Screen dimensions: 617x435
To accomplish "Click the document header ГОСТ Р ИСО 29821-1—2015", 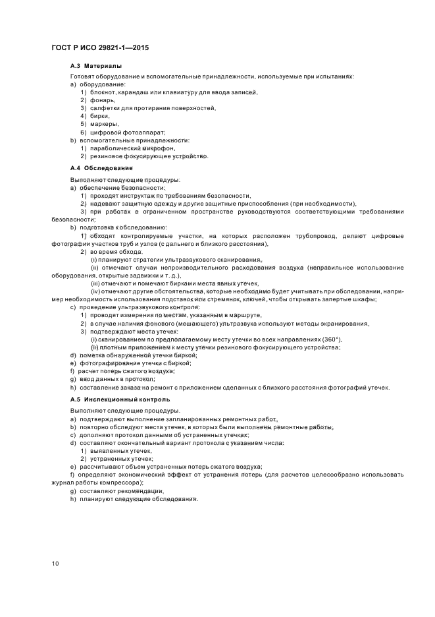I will pos(96,47).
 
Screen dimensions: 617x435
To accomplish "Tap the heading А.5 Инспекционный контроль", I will pos(120,399).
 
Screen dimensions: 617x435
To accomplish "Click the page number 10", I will pos(55,562).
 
